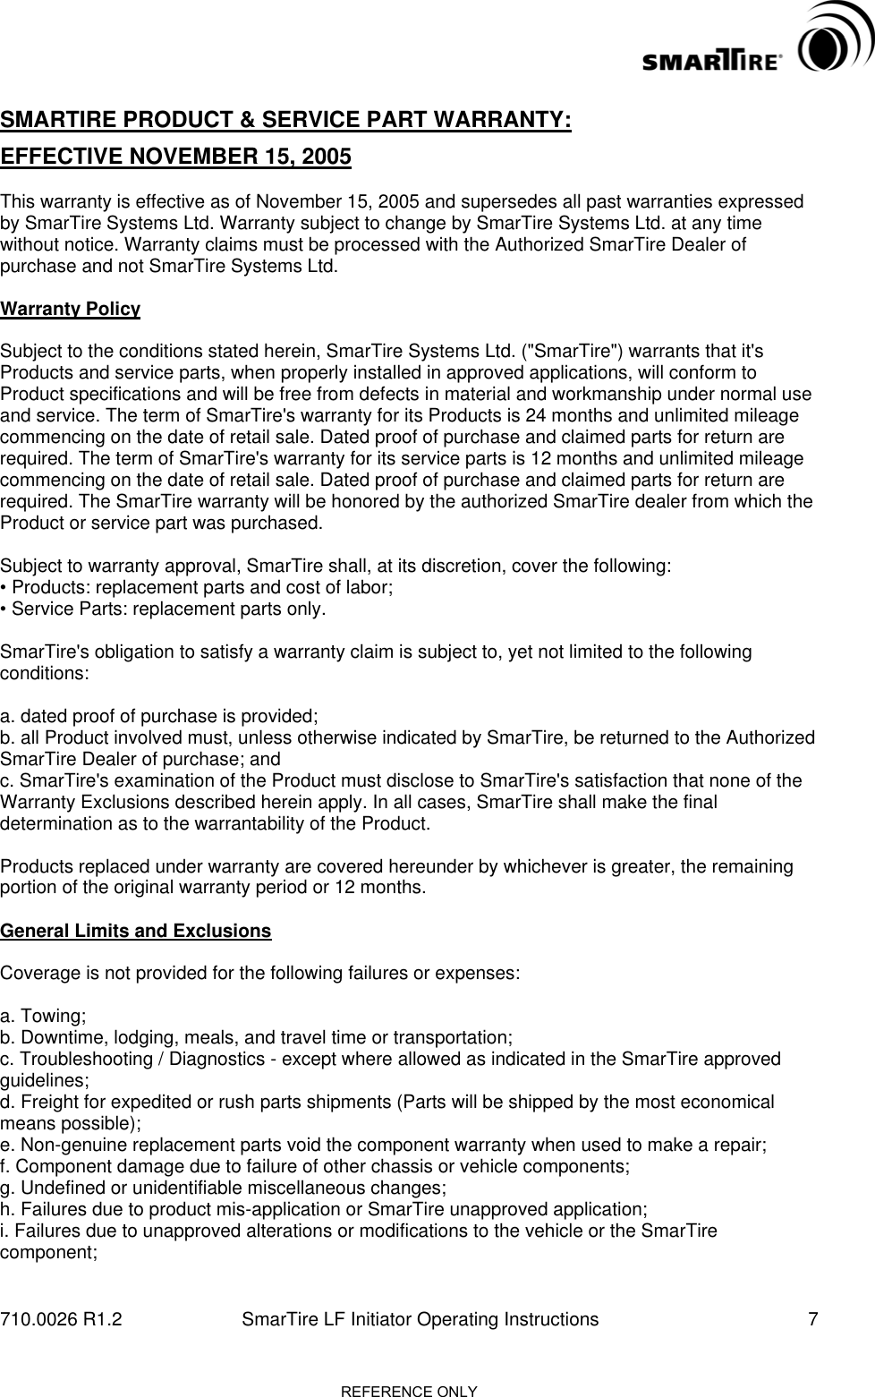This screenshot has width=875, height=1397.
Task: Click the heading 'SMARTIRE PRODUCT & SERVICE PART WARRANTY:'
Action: pos(286,121)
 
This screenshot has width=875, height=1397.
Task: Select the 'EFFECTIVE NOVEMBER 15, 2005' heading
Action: pos(176,158)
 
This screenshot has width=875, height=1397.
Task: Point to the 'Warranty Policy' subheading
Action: pos(71,310)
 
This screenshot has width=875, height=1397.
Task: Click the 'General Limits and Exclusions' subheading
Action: pos(136,931)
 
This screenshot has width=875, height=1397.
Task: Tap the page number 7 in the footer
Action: pos(812,1319)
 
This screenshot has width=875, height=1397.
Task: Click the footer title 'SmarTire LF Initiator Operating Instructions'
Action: pos(421,1319)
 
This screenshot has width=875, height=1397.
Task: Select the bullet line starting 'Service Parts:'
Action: pos(164,610)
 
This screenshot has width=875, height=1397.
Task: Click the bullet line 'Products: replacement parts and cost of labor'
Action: pos(198,588)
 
